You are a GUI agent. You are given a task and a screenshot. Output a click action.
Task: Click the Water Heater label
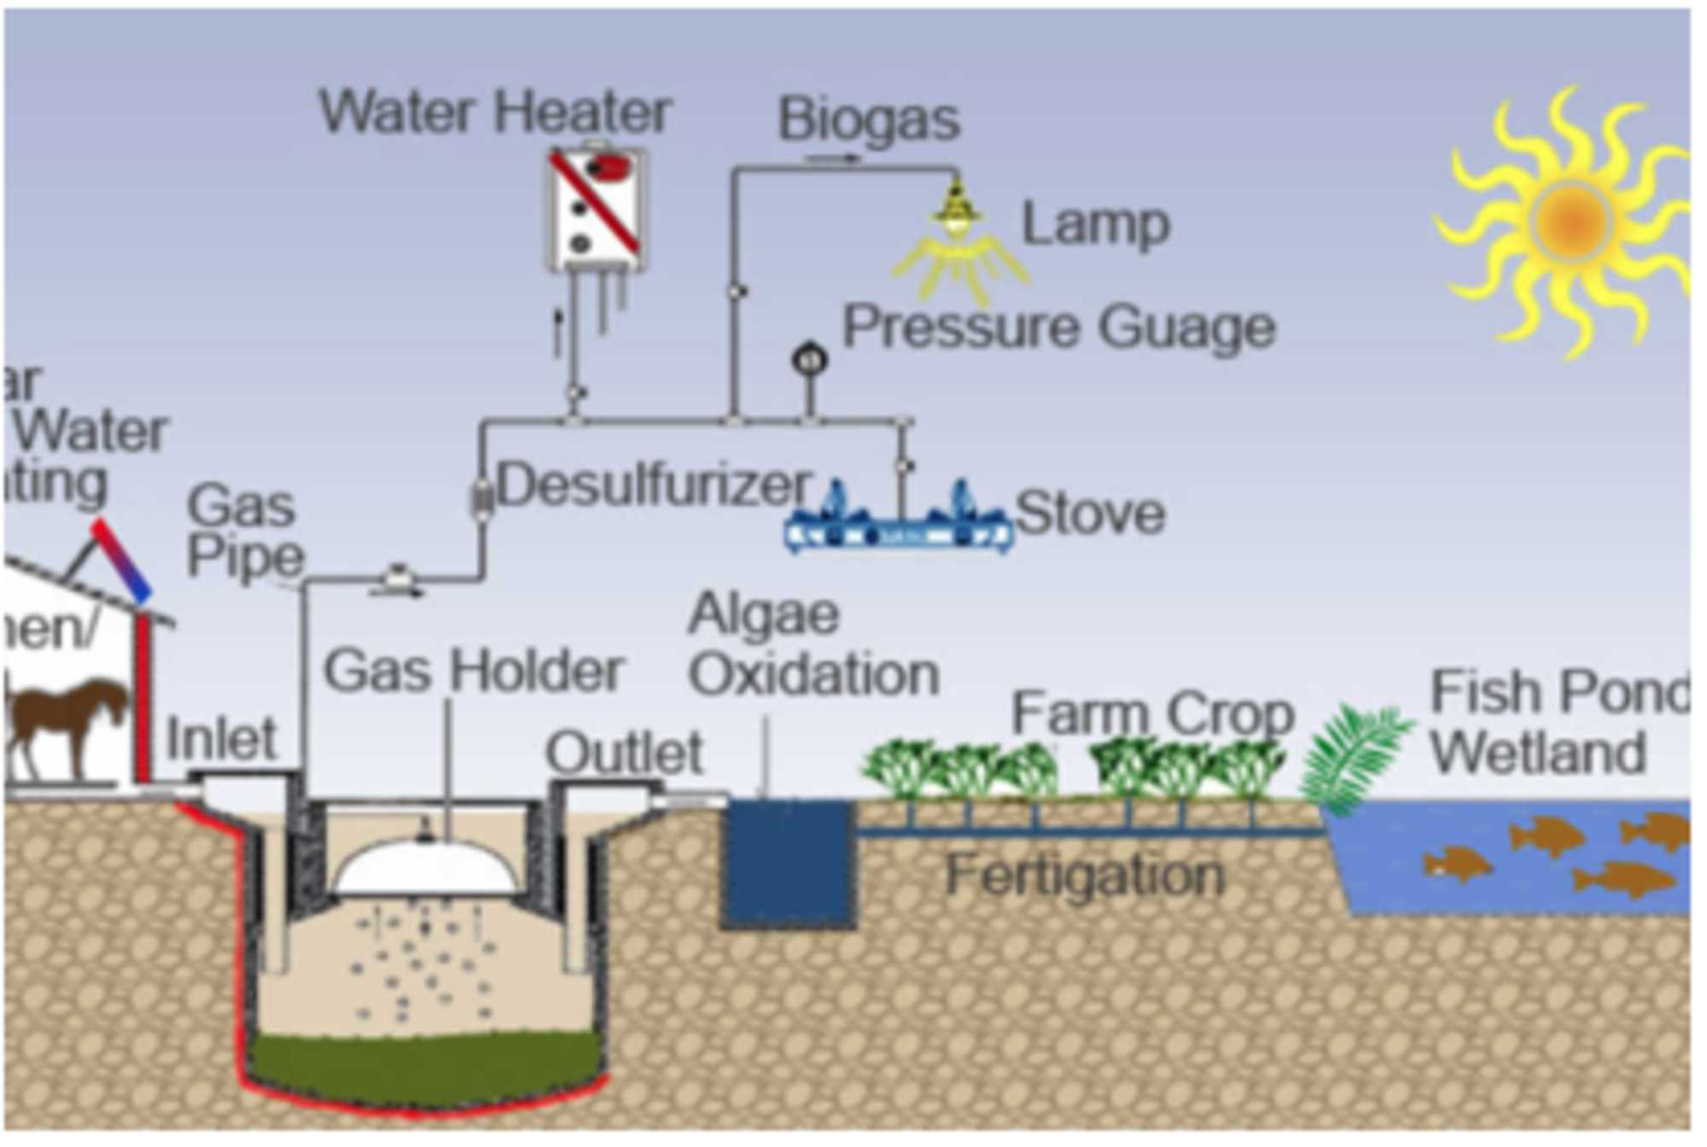tap(495, 112)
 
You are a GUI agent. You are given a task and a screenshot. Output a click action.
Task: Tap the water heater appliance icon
tap(596, 210)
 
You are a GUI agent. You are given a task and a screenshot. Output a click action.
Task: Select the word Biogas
tap(869, 119)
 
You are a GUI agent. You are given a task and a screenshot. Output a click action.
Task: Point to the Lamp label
tap(1095, 224)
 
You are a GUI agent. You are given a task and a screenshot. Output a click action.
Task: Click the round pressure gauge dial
tap(809, 359)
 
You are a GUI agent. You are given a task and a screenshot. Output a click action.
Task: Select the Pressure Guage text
tap(1058, 327)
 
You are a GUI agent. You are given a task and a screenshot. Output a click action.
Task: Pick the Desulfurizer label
tap(653, 485)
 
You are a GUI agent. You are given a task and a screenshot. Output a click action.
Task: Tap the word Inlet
tap(221, 738)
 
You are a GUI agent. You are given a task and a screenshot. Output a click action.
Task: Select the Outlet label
tap(623, 753)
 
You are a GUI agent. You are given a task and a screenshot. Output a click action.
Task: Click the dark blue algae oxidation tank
tap(787, 862)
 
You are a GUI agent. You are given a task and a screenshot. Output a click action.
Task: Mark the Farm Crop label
tap(1152, 713)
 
